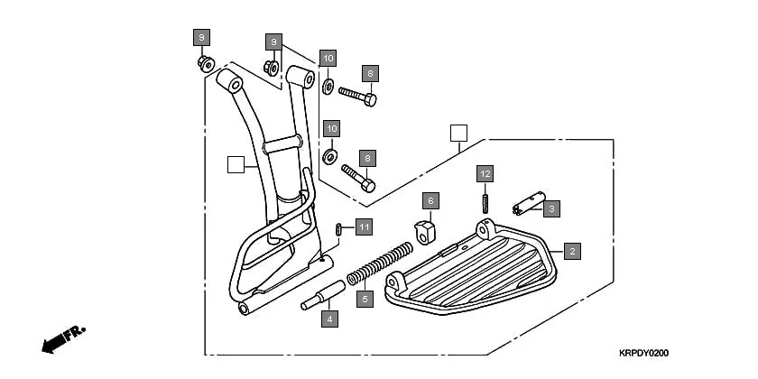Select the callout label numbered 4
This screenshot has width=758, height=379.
[x=330, y=318]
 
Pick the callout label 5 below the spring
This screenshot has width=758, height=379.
[x=365, y=299]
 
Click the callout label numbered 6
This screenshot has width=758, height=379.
[x=430, y=199]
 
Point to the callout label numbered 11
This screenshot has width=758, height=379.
[x=363, y=226]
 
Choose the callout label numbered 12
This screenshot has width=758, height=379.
[x=485, y=172]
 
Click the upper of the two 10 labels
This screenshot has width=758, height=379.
[x=328, y=59]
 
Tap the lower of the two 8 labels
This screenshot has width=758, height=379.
[x=368, y=158]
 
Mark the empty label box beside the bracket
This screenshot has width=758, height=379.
[x=236, y=164]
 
